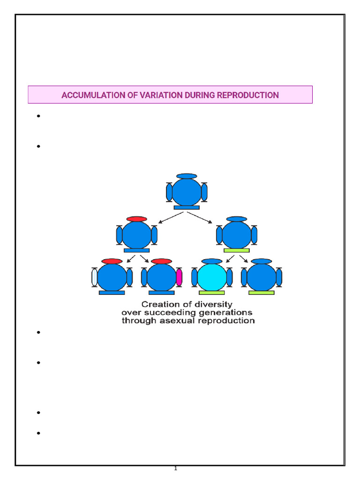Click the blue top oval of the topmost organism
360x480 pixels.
tap(187, 176)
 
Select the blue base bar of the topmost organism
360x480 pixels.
tap(187, 207)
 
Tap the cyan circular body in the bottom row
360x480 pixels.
tap(211, 277)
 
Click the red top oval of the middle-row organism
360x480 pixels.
tap(137, 219)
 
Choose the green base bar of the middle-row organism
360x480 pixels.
tap(236, 250)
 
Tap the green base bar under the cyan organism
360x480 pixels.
tap(211, 292)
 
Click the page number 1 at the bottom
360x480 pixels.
tap(175, 469)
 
